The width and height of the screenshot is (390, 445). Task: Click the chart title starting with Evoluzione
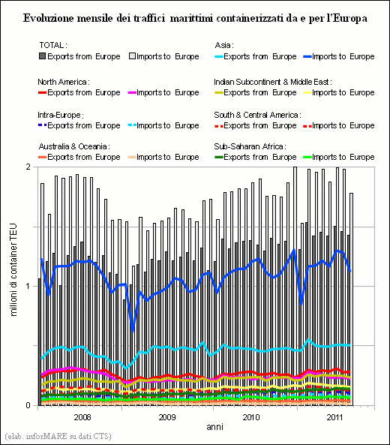[x=195, y=18]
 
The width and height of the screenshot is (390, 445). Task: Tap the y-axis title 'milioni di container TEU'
[x=13, y=269]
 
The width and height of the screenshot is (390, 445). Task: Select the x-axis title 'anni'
[x=214, y=427]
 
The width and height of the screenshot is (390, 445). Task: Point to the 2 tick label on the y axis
[x=28, y=167]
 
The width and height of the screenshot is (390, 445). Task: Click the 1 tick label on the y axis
[x=28, y=286]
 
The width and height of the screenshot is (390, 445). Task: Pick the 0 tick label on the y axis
[x=28, y=405]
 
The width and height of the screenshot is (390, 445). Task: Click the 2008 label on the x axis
[x=82, y=417]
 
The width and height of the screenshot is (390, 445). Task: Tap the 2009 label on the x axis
[x=166, y=417]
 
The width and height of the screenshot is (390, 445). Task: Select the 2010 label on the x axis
[x=251, y=417]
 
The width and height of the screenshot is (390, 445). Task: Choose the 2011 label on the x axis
[x=335, y=417]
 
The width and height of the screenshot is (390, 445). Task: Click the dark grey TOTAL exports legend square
[x=42, y=56]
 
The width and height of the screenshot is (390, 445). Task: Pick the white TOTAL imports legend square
[x=132, y=56]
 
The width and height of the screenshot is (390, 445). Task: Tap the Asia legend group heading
[x=224, y=45]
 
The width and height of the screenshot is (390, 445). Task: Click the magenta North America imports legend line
[x=132, y=92]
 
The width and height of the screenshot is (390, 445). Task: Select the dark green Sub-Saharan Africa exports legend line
[x=219, y=157]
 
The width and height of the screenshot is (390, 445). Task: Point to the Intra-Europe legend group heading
[x=61, y=115]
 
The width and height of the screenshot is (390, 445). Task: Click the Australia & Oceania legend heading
[x=74, y=146]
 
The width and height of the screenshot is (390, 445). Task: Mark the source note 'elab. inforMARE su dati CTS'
[x=58, y=436]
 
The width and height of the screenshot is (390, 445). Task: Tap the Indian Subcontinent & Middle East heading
[x=273, y=82]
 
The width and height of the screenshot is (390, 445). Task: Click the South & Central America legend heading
[x=257, y=115]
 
